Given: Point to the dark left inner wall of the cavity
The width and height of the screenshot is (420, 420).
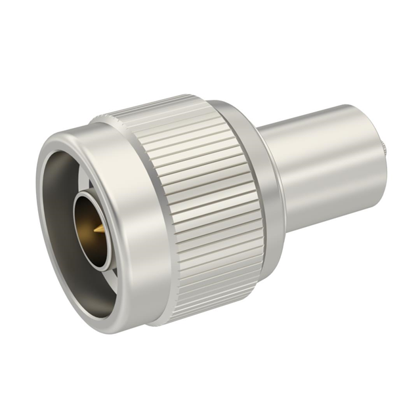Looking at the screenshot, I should click(x=55, y=217).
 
